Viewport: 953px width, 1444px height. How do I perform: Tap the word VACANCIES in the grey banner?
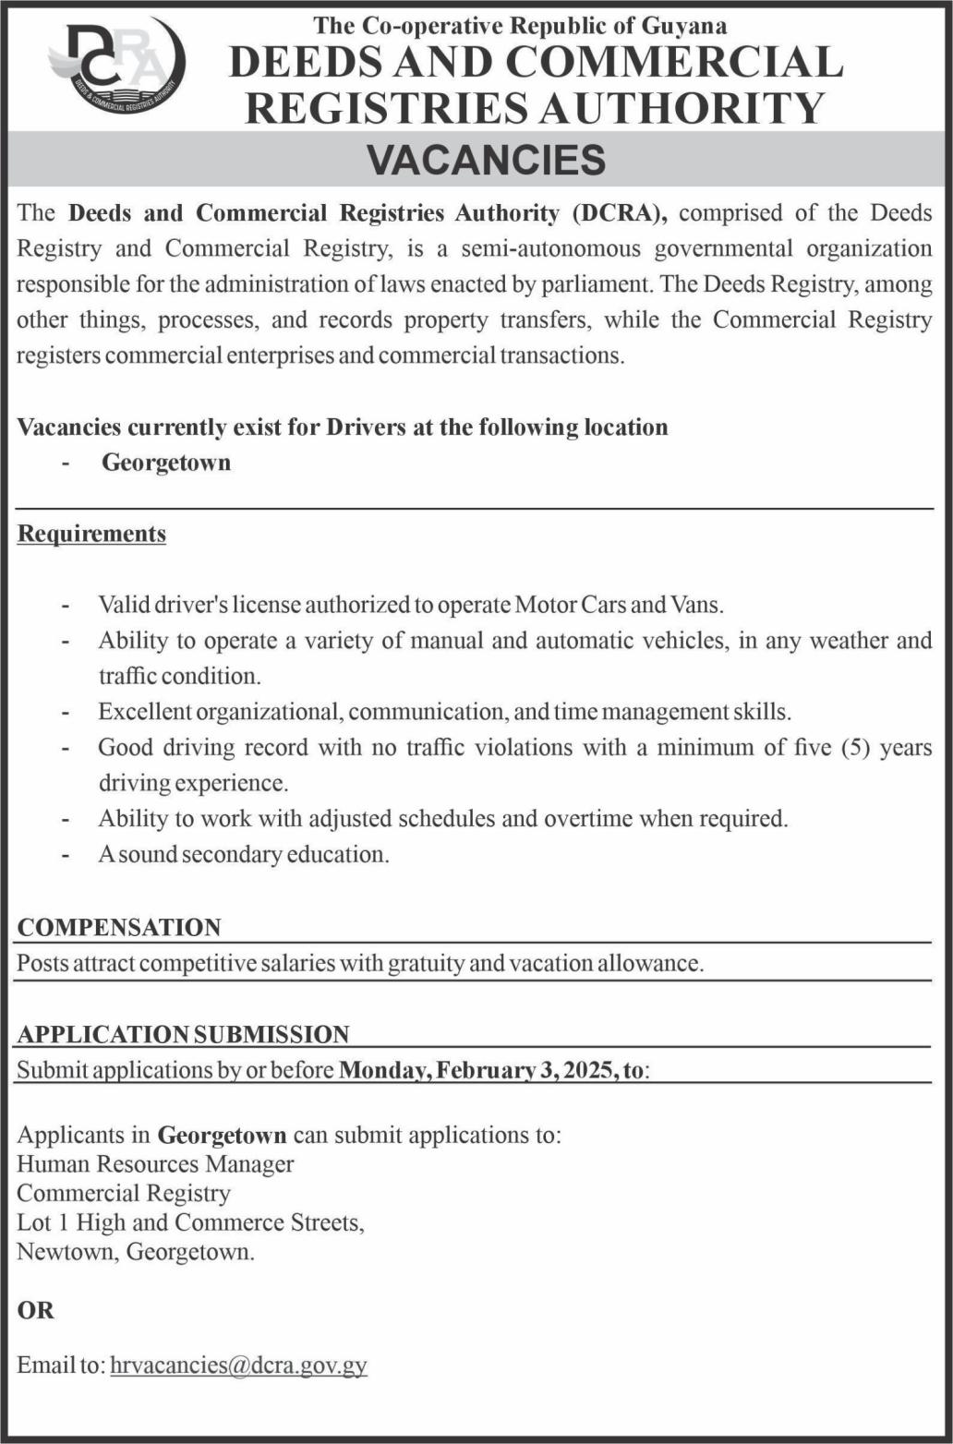pyautogui.click(x=487, y=160)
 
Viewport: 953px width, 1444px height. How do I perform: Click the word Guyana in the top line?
pyautogui.click(x=688, y=26)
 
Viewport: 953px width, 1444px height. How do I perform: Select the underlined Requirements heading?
pyautogui.click(x=91, y=534)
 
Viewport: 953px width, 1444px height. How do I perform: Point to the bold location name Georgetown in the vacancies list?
pyautogui.click(x=166, y=462)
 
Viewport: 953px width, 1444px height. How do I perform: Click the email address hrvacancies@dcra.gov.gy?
pyautogui.click(x=238, y=1365)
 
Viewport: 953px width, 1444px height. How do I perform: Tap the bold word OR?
pyautogui.click(x=36, y=1309)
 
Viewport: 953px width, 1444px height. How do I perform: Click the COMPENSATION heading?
pyautogui.click(x=119, y=927)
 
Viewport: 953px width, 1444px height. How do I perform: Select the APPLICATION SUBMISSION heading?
pyautogui.click(x=183, y=1034)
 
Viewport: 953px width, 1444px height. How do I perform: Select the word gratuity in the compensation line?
pyautogui.click(x=426, y=963)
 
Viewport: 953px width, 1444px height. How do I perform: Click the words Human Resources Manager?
pyautogui.click(x=155, y=1164)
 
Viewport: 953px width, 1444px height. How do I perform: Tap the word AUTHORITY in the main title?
pyautogui.click(x=682, y=107)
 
